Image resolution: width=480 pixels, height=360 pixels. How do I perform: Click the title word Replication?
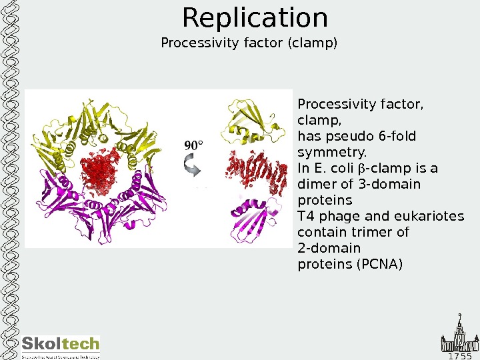(255, 18)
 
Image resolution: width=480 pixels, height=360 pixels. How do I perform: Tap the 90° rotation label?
(193, 145)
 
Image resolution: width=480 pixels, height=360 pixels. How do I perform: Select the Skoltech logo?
(61, 347)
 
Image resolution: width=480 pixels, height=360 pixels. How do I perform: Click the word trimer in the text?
(373, 232)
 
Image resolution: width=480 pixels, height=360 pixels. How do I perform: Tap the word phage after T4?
(331, 216)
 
